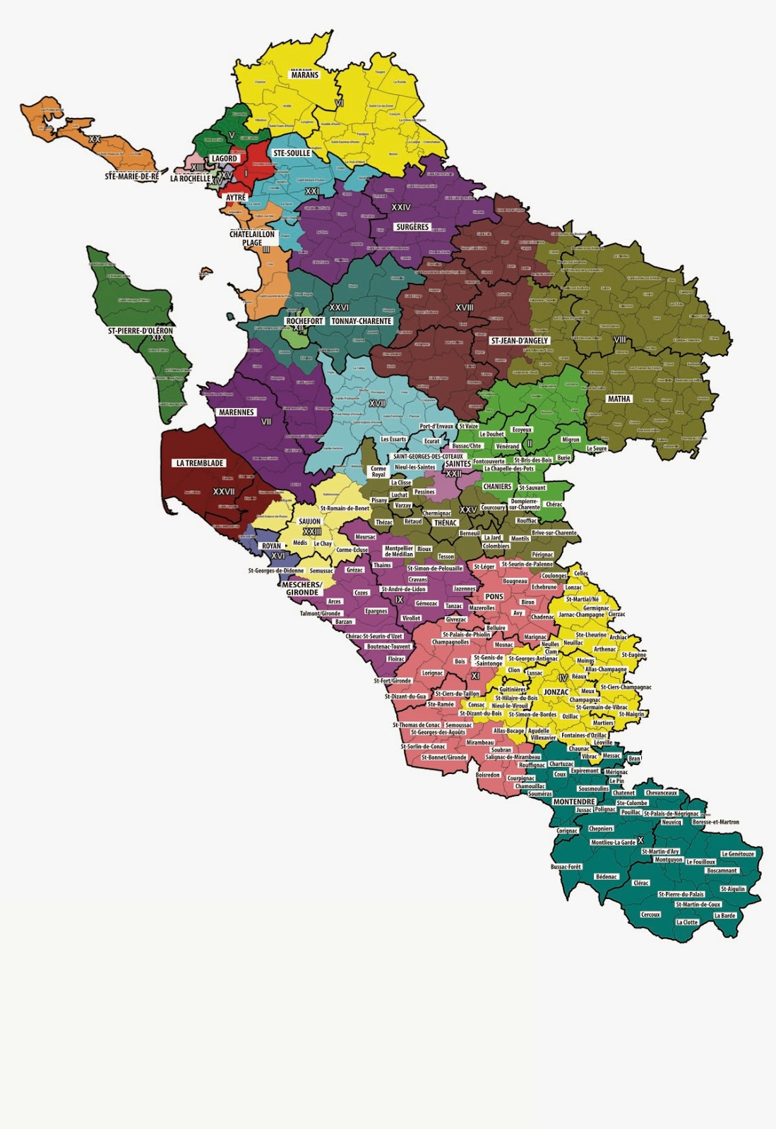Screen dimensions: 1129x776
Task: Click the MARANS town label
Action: coord(304,74)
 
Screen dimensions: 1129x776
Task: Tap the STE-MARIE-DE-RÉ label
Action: coord(131,176)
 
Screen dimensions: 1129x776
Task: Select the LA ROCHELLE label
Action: coord(190,179)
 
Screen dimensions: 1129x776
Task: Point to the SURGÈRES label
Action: coord(412,227)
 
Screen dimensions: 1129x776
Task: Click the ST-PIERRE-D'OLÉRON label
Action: coord(140,330)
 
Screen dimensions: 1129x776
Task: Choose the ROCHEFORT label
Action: coord(304,321)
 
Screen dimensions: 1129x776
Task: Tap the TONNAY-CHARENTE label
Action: coord(361,321)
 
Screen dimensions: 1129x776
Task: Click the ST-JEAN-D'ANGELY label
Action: coord(520,341)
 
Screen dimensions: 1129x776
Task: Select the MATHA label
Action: coord(619,399)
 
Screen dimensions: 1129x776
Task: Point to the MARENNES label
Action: coord(237,412)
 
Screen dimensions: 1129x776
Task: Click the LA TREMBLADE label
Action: coord(200,463)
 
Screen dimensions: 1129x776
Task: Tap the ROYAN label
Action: coord(271,545)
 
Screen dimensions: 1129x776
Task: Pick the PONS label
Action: coord(494,596)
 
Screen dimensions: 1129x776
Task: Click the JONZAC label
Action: coord(556,692)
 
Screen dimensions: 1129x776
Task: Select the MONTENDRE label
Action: coord(574,802)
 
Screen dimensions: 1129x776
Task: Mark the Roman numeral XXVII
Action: coord(224,492)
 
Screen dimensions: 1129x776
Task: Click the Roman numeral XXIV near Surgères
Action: coord(401,207)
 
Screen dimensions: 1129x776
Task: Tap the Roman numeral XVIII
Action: coord(464,308)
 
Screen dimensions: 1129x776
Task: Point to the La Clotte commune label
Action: coord(686,922)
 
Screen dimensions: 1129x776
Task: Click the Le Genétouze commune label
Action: coord(738,854)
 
